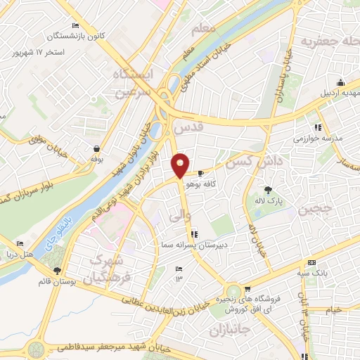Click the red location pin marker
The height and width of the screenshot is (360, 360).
(181, 165)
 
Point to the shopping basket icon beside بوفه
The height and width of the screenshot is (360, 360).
(95, 148)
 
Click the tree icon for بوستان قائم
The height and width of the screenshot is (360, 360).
(57, 270)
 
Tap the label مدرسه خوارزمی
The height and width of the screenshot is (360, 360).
(337, 138)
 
